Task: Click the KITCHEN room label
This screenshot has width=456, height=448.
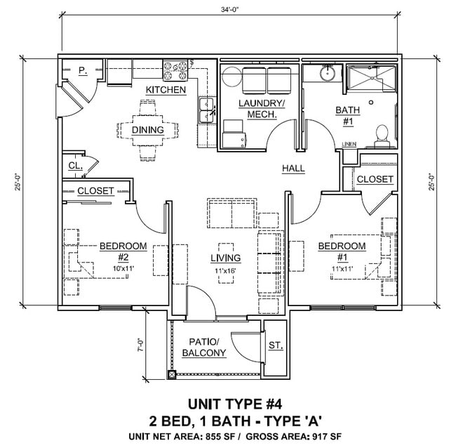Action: (x=166, y=90)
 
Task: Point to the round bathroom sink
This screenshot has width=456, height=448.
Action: (x=327, y=72)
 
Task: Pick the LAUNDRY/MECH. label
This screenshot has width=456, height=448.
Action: (x=261, y=109)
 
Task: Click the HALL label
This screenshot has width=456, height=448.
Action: (x=293, y=169)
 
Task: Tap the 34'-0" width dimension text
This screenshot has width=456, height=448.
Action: (x=228, y=10)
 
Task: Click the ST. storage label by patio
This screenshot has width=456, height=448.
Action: (x=275, y=345)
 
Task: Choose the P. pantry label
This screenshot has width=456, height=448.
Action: (x=82, y=71)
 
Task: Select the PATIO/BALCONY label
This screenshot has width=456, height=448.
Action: (x=204, y=348)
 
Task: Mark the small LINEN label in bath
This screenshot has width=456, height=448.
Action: (x=349, y=144)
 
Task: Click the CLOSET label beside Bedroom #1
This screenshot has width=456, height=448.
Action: (x=375, y=179)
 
